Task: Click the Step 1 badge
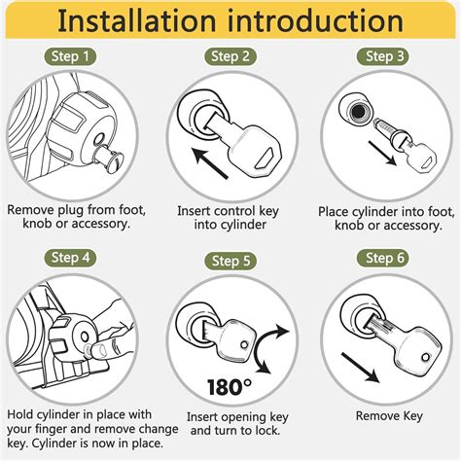(x=70, y=56)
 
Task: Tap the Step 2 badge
(x=230, y=56)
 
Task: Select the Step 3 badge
(x=382, y=56)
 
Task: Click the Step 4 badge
(x=70, y=258)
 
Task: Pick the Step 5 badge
(x=230, y=262)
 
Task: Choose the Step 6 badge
(x=382, y=259)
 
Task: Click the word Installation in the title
(x=136, y=21)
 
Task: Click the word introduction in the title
(x=315, y=21)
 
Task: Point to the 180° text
(x=230, y=386)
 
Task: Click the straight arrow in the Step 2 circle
(x=209, y=163)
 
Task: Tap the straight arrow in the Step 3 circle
(x=382, y=153)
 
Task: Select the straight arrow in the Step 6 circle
(x=360, y=368)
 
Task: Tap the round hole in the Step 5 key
(x=245, y=344)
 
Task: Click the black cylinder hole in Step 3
(x=358, y=112)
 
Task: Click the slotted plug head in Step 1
(x=116, y=160)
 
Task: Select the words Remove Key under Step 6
(x=389, y=416)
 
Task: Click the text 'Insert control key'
(x=228, y=211)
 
